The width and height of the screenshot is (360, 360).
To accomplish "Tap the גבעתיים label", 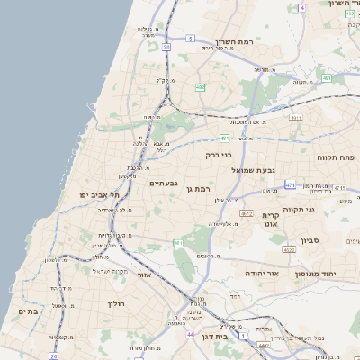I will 162,184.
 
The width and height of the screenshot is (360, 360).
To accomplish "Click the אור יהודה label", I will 263,272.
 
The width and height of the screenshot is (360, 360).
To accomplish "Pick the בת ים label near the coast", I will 28,310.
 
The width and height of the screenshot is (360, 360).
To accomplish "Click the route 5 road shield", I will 191,39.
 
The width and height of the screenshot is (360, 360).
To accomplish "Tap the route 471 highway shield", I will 290,184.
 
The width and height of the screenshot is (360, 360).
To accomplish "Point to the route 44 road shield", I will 191,334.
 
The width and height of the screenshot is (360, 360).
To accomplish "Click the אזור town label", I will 143,288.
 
